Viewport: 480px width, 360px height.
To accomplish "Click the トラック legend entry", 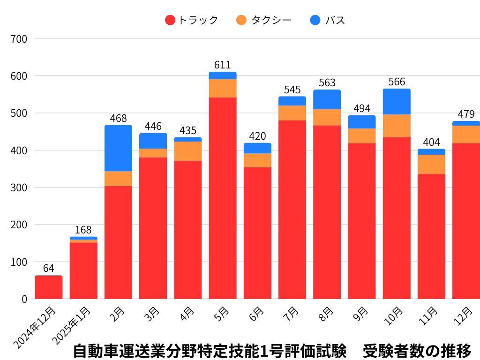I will click(192, 20).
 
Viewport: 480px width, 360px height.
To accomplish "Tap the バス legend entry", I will click(328, 20).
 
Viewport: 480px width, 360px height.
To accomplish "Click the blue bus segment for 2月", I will click(118, 148).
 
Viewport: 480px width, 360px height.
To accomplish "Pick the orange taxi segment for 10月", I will click(397, 126).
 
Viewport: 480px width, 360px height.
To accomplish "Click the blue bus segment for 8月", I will click(327, 99).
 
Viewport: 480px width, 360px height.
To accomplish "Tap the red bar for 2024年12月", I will click(49, 287).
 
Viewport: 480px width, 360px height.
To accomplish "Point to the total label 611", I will click(223, 65).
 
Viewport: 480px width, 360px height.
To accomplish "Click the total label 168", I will click(83, 230).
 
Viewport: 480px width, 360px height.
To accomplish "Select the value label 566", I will click(397, 82).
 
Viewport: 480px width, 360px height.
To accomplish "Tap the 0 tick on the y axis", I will click(24, 299).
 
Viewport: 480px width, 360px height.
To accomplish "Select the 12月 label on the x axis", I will click(464, 315).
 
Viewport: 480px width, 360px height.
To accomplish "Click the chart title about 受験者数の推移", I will click(272, 351).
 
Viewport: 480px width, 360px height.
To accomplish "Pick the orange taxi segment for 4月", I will click(188, 151).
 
